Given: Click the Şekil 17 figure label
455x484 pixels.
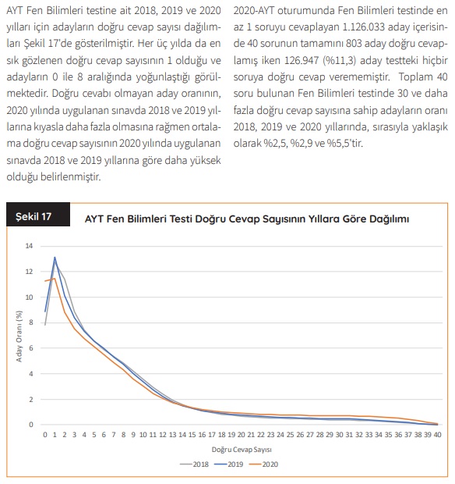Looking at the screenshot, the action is pos(34,216).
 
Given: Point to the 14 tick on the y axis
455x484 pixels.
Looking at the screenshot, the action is pos(29,246).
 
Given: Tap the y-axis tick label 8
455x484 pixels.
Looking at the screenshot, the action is pos(31,322).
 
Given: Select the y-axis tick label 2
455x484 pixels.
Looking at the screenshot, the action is pos(31,400).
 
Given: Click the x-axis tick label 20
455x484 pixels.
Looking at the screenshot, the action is pos(241,435).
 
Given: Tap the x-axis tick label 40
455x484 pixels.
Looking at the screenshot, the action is pos(437,435).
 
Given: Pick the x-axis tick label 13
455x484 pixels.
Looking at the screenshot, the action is pos(172,435).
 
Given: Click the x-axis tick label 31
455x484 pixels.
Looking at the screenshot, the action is pos(349,435).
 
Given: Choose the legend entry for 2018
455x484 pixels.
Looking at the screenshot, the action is pos(194,464).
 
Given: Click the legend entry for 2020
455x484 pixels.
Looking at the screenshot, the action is pos(263,464).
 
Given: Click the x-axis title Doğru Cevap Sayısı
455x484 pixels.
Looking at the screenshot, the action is pos(242,450).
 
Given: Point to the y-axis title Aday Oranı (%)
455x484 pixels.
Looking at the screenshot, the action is pos(19,336).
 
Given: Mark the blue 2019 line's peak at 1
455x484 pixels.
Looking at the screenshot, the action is pos(55,258).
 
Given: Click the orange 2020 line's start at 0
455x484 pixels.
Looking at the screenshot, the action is pos(45,281).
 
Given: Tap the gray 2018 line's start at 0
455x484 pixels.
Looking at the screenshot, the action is pos(45,325).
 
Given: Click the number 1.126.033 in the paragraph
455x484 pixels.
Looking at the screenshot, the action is pos(364,27).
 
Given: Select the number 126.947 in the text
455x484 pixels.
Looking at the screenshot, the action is pos(302,60).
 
